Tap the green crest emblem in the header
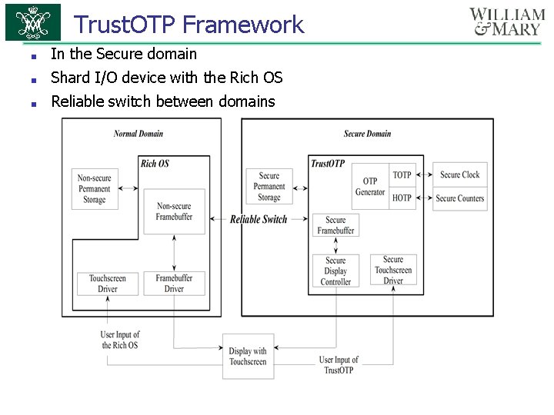(32, 22)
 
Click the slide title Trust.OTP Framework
(189, 25)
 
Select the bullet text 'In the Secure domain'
(124, 54)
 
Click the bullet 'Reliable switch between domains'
(162, 101)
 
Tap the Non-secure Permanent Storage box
(94, 189)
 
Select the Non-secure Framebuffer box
(174, 211)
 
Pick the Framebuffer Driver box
(175, 284)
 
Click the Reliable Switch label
(259, 220)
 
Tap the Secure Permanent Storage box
(269, 187)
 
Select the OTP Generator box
(370, 187)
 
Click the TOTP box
(402, 175)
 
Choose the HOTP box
(402, 198)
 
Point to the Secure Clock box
(459, 175)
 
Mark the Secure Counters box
(459, 198)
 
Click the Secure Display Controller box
(335, 271)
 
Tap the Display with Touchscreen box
(248, 357)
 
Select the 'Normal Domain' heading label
(138, 134)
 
